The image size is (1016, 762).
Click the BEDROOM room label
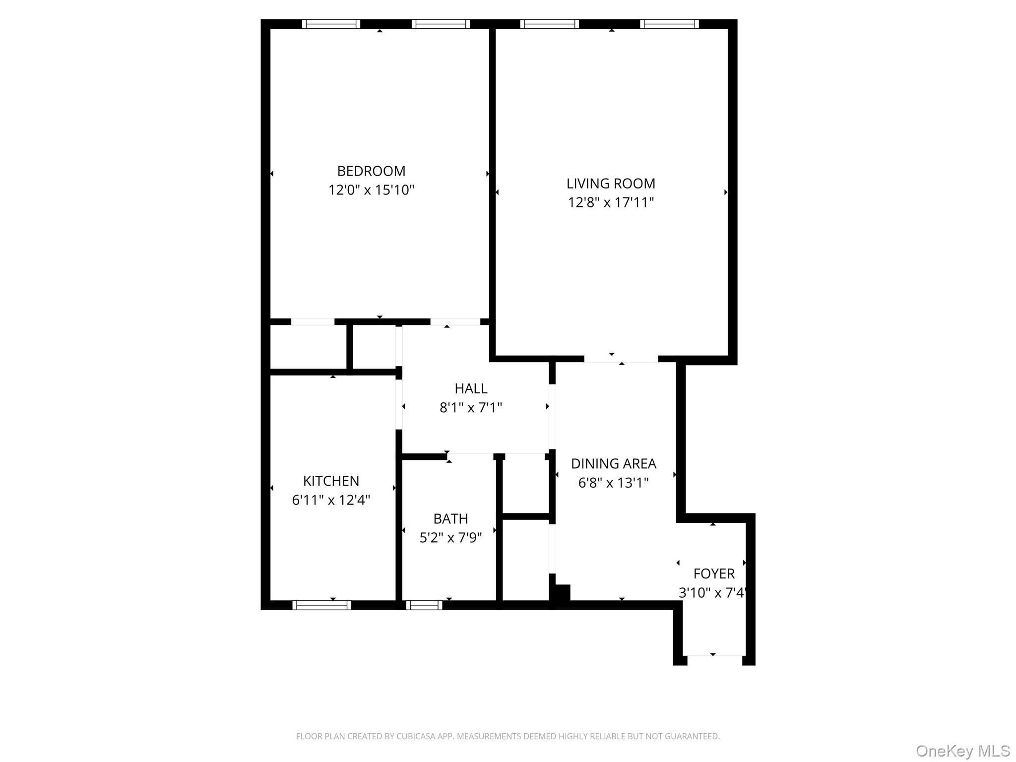(371, 171)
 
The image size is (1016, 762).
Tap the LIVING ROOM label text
(611, 184)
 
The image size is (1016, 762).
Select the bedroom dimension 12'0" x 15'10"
(371, 190)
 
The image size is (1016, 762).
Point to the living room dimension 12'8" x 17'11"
(611, 202)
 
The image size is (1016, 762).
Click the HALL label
(471, 388)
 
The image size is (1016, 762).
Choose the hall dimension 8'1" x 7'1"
(471, 408)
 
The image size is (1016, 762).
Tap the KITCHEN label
(331, 481)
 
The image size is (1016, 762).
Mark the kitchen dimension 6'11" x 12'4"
(331, 500)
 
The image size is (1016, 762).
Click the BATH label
(450, 519)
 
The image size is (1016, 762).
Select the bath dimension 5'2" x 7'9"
(450, 538)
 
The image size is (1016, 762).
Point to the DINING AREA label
(613, 464)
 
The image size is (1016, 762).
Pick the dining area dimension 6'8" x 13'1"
(613, 483)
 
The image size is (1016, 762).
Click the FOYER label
(714, 574)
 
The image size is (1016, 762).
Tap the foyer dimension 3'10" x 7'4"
(713, 593)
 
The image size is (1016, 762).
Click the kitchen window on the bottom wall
(321, 605)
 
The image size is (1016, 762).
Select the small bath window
(424, 605)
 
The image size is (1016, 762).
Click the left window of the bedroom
(331, 24)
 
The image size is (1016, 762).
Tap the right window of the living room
(669, 24)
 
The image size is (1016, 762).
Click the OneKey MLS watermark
(962, 751)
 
